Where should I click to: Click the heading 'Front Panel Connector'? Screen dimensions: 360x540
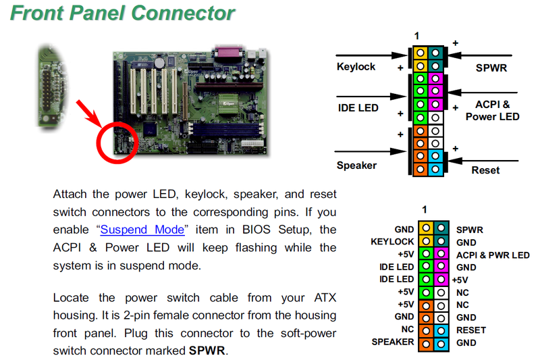[x=122, y=13]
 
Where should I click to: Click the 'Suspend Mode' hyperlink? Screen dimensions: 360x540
[x=142, y=230]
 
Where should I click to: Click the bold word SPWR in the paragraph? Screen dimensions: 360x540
[x=208, y=351]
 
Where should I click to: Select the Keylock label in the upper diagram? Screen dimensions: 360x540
[x=356, y=67]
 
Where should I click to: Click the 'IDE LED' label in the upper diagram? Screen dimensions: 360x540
[x=358, y=107]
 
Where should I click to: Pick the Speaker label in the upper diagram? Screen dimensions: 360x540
[x=356, y=165]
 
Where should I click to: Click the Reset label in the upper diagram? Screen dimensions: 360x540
[x=486, y=170]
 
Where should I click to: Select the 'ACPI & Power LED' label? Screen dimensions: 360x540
[x=492, y=111]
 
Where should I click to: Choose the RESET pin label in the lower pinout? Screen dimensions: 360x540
[x=471, y=330]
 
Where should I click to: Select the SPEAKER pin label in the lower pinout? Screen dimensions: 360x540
[x=392, y=342]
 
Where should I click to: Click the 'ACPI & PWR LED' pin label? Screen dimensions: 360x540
[x=493, y=255]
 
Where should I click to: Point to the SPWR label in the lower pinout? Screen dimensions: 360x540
[x=470, y=230]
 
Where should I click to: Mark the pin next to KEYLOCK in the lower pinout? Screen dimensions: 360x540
[x=426, y=242]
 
